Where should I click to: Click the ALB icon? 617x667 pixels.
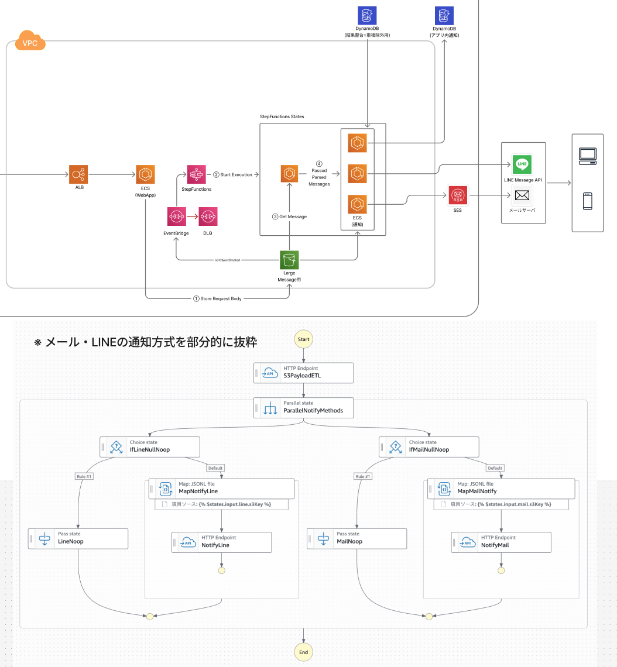click(78, 174)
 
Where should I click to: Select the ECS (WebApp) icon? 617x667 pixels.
click(145, 174)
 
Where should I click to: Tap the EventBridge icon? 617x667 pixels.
click(176, 216)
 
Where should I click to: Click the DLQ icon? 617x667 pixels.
click(208, 216)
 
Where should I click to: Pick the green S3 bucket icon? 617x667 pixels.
click(289, 260)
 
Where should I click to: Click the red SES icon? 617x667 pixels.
click(457, 195)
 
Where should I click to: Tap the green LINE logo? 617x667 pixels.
click(522, 164)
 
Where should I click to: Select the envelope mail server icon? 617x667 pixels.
click(522, 195)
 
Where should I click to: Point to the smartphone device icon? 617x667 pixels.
click(587, 201)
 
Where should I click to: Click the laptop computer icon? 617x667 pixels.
click(587, 155)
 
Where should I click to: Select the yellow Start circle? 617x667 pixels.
click(303, 339)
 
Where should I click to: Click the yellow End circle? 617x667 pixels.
click(303, 652)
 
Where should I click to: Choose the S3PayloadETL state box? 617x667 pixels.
click(304, 373)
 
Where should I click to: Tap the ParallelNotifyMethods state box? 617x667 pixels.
click(304, 408)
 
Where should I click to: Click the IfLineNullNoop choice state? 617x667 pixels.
click(150, 447)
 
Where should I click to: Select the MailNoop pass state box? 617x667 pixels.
click(357, 538)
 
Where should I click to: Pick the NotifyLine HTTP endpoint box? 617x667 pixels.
click(222, 542)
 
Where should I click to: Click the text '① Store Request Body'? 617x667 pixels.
click(217, 298)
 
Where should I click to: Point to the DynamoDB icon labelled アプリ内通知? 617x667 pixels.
click(444, 15)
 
